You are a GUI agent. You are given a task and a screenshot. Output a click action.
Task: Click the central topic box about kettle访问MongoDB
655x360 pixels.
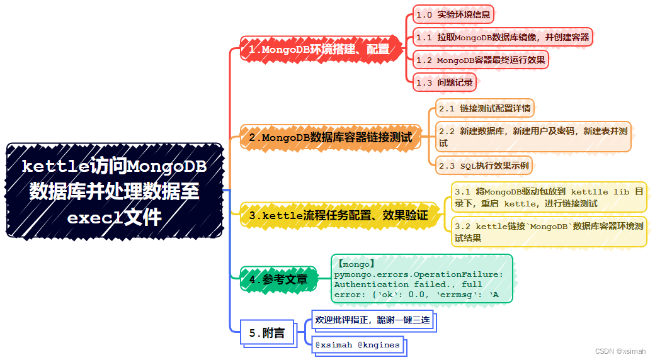click(x=115, y=191)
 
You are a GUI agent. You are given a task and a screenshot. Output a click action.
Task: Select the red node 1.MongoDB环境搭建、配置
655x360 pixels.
click(x=319, y=49)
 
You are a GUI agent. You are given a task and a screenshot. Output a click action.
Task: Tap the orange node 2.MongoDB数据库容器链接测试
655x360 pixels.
click(x=331, y=137)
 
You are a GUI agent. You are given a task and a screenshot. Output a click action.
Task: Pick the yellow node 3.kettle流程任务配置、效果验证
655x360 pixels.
click(x=338, y=216)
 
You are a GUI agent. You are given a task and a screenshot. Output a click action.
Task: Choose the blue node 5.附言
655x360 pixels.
click(x=267, y=333)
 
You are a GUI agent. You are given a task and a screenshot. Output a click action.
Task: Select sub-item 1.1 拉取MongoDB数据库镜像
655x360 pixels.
click(x=503, y=37)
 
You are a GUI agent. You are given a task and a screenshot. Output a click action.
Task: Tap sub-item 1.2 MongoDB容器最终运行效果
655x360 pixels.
click(x=481, y=60)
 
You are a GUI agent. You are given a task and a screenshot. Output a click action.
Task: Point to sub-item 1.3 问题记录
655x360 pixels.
click(x=444, y=82)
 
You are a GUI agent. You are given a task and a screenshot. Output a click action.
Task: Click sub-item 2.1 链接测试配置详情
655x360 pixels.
click(x=485, y=108)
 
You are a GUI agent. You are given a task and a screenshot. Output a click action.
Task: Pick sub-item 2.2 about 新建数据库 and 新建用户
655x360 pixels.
click(x=533, y=137)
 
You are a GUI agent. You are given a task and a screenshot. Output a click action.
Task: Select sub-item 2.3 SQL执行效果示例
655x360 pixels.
click(x=484, y=166)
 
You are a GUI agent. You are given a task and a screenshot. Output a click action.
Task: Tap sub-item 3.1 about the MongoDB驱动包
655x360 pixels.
click(x=549, y=197)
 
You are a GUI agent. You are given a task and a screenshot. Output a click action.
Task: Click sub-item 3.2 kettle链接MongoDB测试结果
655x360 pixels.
click(x=549, y=232)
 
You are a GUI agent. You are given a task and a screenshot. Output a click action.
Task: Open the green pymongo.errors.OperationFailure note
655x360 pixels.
click(x=421, y=279)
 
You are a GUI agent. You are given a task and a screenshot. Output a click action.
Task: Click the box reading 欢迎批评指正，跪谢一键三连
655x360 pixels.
click(x=372, y=320)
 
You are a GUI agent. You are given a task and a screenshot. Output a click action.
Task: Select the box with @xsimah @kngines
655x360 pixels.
click(x=357, y=345)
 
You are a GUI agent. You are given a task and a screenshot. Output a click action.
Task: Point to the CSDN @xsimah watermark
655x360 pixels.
click(x=620, y=351)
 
